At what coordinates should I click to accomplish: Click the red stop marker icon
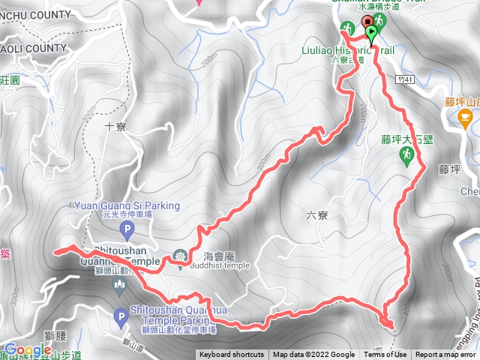(x=367, y=22)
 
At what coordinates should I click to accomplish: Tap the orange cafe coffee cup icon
(x=465, y=116)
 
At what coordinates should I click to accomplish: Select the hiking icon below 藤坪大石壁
(x=406, y=155)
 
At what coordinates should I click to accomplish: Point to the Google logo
(x=27, y=350)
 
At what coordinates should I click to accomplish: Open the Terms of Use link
(x=385, y=355)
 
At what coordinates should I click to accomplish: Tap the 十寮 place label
(x=115, y=127)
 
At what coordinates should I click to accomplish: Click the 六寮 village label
(x=317, y=215)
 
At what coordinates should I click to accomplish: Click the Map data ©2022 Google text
(x=313, y=355)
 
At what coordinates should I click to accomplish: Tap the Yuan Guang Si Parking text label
(x=127, y=205)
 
